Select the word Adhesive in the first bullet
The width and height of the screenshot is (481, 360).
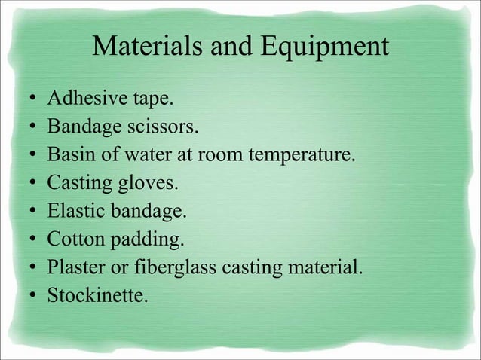(x=82, y=99)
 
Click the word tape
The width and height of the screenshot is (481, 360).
(x=141, y=99)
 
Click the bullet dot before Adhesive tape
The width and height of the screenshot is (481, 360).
(x=28, y=99)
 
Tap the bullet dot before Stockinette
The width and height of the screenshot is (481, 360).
(x=28, y=295)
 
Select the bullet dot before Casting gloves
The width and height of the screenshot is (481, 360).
(x=28, y=184)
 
